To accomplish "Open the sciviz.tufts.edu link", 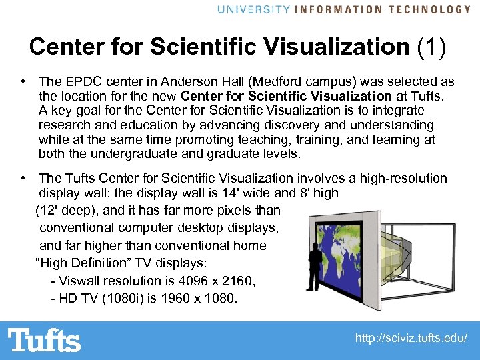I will [x=411, y=339].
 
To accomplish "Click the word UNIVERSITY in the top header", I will [x=253, y=9].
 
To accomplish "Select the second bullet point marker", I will [x=23, y=178].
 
